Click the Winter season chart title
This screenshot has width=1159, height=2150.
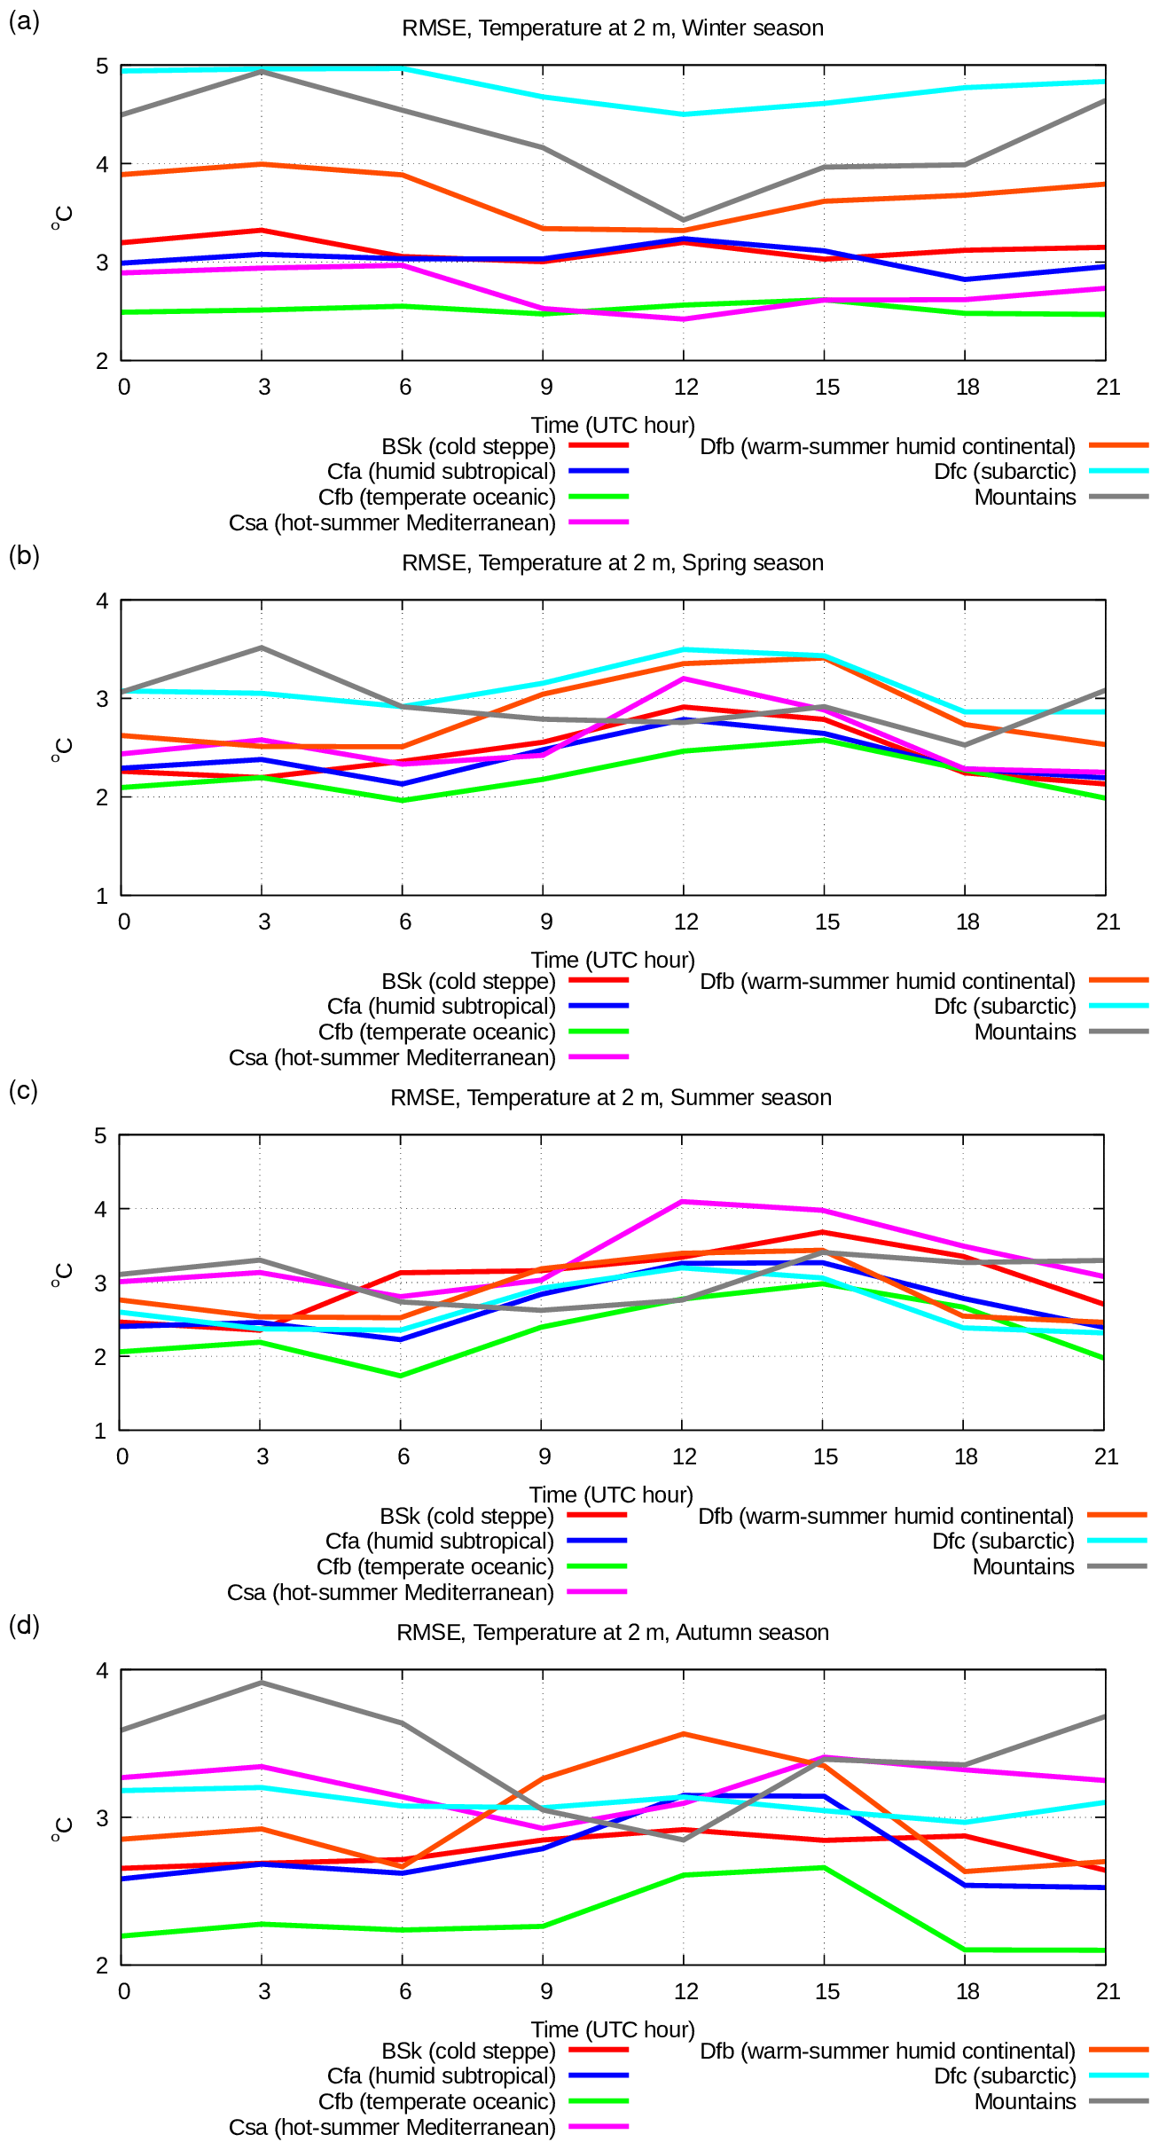pos(612,28)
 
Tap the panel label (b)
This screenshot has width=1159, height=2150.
pos(24,555)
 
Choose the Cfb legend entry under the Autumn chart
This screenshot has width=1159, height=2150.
pos(436,2102)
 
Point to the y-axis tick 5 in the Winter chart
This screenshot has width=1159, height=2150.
pos(102,67)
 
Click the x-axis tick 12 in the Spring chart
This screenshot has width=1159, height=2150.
pos(685,922)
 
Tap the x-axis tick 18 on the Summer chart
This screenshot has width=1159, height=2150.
pos(966,1456)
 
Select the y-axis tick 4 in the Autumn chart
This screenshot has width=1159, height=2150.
pos(102,1671)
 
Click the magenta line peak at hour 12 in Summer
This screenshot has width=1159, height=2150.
pos(682,1202)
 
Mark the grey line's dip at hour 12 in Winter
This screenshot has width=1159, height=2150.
pos(683,219)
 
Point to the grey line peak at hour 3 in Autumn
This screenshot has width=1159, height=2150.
pos(262,1683)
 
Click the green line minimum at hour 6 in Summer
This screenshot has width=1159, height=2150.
pos(401,1376)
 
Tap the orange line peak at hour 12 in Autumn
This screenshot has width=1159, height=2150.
pos(683,1734)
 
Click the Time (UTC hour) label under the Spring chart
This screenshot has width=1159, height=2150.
pos(613,960)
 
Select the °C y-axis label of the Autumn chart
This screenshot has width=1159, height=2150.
pos(62,1829)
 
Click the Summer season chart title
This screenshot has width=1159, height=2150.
pos(611,1098)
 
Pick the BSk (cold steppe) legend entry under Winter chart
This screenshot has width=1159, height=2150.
pos(468,447)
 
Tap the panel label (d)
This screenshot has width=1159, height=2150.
pos(24,1625)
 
